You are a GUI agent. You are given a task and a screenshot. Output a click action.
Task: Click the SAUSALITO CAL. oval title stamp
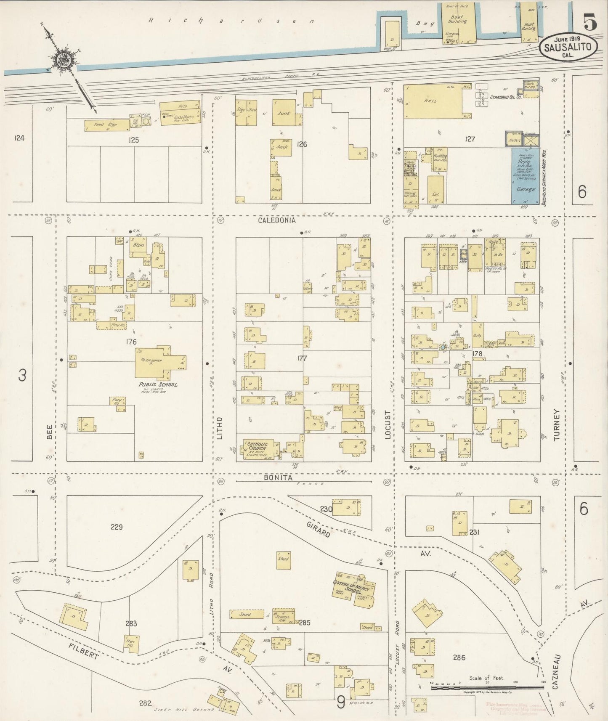pos(568,48)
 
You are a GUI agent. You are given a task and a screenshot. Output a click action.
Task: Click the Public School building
pos(158,363)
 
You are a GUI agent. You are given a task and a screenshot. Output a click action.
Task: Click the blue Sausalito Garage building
pos(525,177)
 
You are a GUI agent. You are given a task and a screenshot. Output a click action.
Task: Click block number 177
pos(302,358)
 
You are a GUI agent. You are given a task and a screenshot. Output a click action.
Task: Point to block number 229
pos(117,527)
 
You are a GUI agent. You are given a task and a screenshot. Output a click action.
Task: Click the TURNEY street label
pos(557,424)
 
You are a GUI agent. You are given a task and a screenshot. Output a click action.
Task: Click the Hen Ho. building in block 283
pos(131,644)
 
